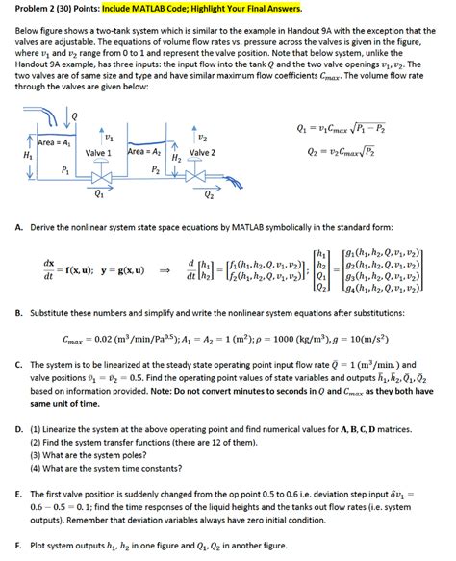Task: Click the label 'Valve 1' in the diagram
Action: [100, 153]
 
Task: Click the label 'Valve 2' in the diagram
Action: [202, 153]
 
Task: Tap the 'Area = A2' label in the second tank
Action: [148, 152]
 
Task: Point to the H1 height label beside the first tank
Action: [12, 155]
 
